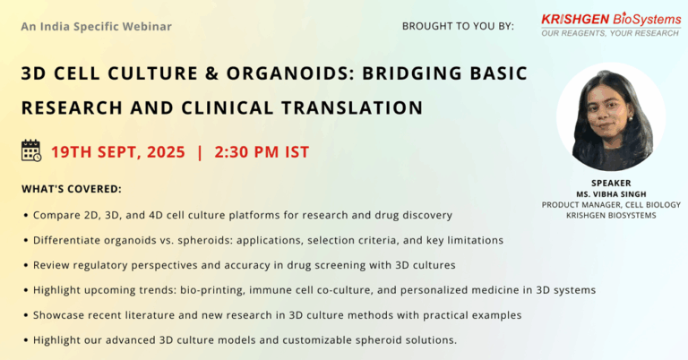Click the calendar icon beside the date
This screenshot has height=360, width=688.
(x=31, y=150)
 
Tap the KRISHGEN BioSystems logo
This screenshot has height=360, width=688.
(x=611, y=25)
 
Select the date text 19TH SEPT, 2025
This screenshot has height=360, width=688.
(x=118, y=152)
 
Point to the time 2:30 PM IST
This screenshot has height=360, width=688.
(x=262, y=152)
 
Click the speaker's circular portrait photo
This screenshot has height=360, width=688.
(x=611, y=117)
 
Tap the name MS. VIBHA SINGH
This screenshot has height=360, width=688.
(x=611, y=194)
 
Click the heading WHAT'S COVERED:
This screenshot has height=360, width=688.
(x=72, y=189)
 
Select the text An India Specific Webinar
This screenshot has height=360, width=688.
(x=97, y=27)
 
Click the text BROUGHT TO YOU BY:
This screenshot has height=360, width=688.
(x=458, y=26)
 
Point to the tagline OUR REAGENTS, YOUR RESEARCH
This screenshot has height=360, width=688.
(x=610, y=33)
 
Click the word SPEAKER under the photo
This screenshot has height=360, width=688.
(x=611, y=184)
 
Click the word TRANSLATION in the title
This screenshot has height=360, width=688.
(x=352, y=107)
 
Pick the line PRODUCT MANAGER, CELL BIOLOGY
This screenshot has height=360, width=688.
(x=611, y=205)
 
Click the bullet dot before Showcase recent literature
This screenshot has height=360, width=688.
(x=26, y=316)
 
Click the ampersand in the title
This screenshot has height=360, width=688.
(x=212, y=73)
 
